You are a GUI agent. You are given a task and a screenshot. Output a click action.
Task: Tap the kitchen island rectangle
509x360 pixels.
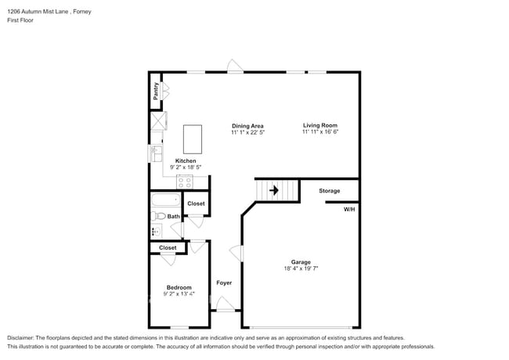pyautogui.click(x=192, y=139)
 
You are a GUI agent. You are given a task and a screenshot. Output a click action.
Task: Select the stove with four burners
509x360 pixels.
pyautogui.click(x=185, y=181)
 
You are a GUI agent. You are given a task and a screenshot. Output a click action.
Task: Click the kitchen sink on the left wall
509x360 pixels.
pyautogui.click(x=156, y=153)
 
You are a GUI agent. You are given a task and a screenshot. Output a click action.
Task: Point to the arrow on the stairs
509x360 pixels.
pyautogui.click(x=274, y=189)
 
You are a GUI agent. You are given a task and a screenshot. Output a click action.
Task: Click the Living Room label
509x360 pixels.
pyautogui.click(x=320, y=125)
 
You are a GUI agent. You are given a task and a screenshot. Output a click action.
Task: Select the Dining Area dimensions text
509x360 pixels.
pyautogui.click(x=247, y=133)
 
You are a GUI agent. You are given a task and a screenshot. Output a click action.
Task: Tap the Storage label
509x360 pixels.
pyautogui.click(x=329, y=190)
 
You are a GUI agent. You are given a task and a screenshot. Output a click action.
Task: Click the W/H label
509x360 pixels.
pyautogui.click(x=349, y=209)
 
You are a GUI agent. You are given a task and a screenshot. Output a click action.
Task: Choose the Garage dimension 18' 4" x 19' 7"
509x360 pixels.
pyautogui.click(x=301, y=268)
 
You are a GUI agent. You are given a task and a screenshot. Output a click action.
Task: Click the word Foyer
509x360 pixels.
pyautogui.click(x=224, y=283)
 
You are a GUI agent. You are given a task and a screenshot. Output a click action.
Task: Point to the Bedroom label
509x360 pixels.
pyautogui.click(x=179, y=287)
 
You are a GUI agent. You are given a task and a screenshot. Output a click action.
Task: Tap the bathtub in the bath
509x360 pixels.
pyautogui.click(x=165, y=200)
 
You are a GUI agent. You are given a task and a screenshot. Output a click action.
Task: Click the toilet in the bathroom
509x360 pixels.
pyautogui.click(x=157, y=216)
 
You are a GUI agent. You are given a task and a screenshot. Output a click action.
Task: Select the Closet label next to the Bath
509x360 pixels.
pyautogui.click(x=196, y=203)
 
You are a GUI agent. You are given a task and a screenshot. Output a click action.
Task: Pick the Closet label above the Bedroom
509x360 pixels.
pyautogui.click(x=168, y=247)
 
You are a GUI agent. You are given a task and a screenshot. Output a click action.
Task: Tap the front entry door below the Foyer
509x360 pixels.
pyautogui.click(x=226, y=305)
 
